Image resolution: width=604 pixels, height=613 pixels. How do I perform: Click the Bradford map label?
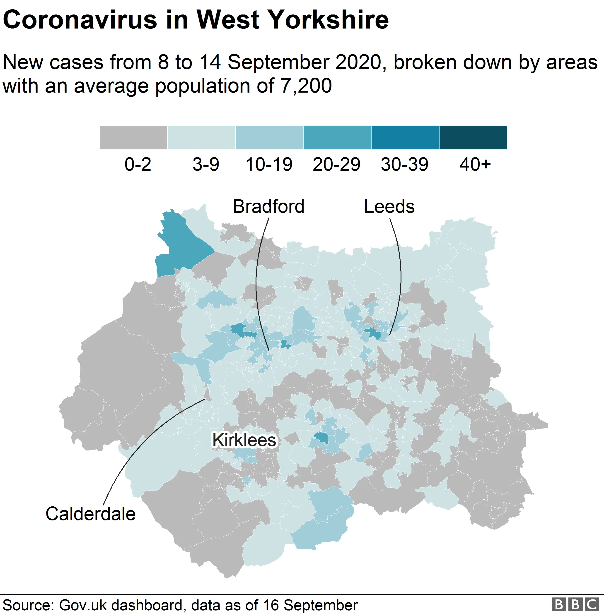[268, 206]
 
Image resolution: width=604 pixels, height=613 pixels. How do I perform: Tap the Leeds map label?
[389, 206]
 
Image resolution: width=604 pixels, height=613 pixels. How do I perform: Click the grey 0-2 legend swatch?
[133, 137]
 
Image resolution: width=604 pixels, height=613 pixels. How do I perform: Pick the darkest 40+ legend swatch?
[473, 137]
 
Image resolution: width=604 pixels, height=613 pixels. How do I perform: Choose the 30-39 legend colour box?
[405, 137]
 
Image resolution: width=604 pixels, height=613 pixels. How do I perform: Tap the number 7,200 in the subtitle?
[306, 86]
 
